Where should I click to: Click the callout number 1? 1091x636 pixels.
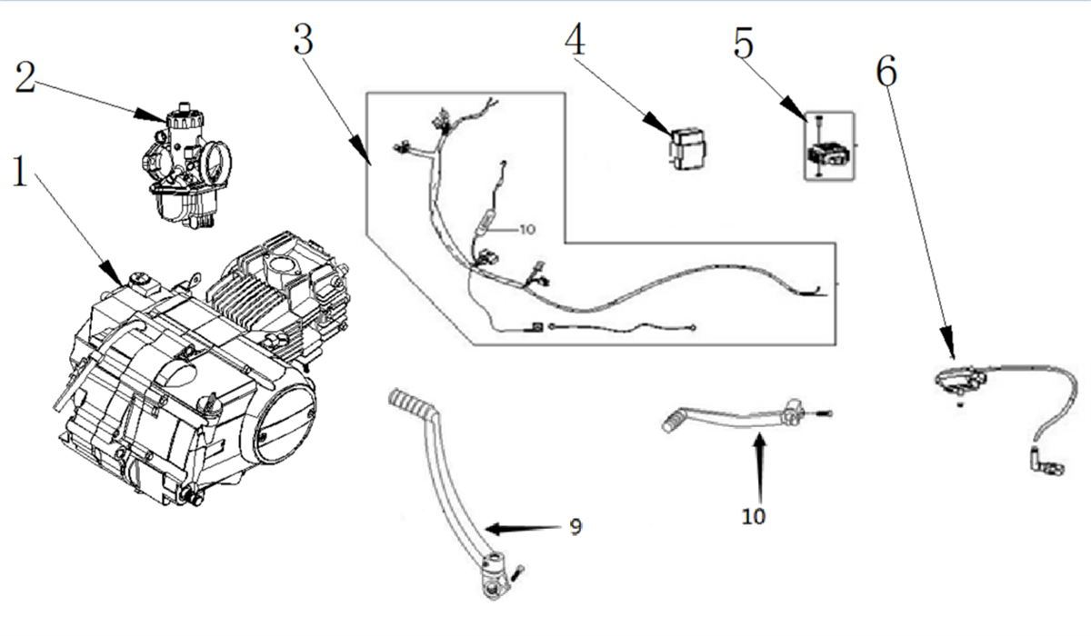21,173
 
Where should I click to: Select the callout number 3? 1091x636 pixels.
304,39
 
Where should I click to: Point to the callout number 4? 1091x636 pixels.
576,39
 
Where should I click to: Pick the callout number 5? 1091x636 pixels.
744,43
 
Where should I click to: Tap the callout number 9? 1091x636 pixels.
575,526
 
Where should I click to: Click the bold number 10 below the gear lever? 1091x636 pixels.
754,517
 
